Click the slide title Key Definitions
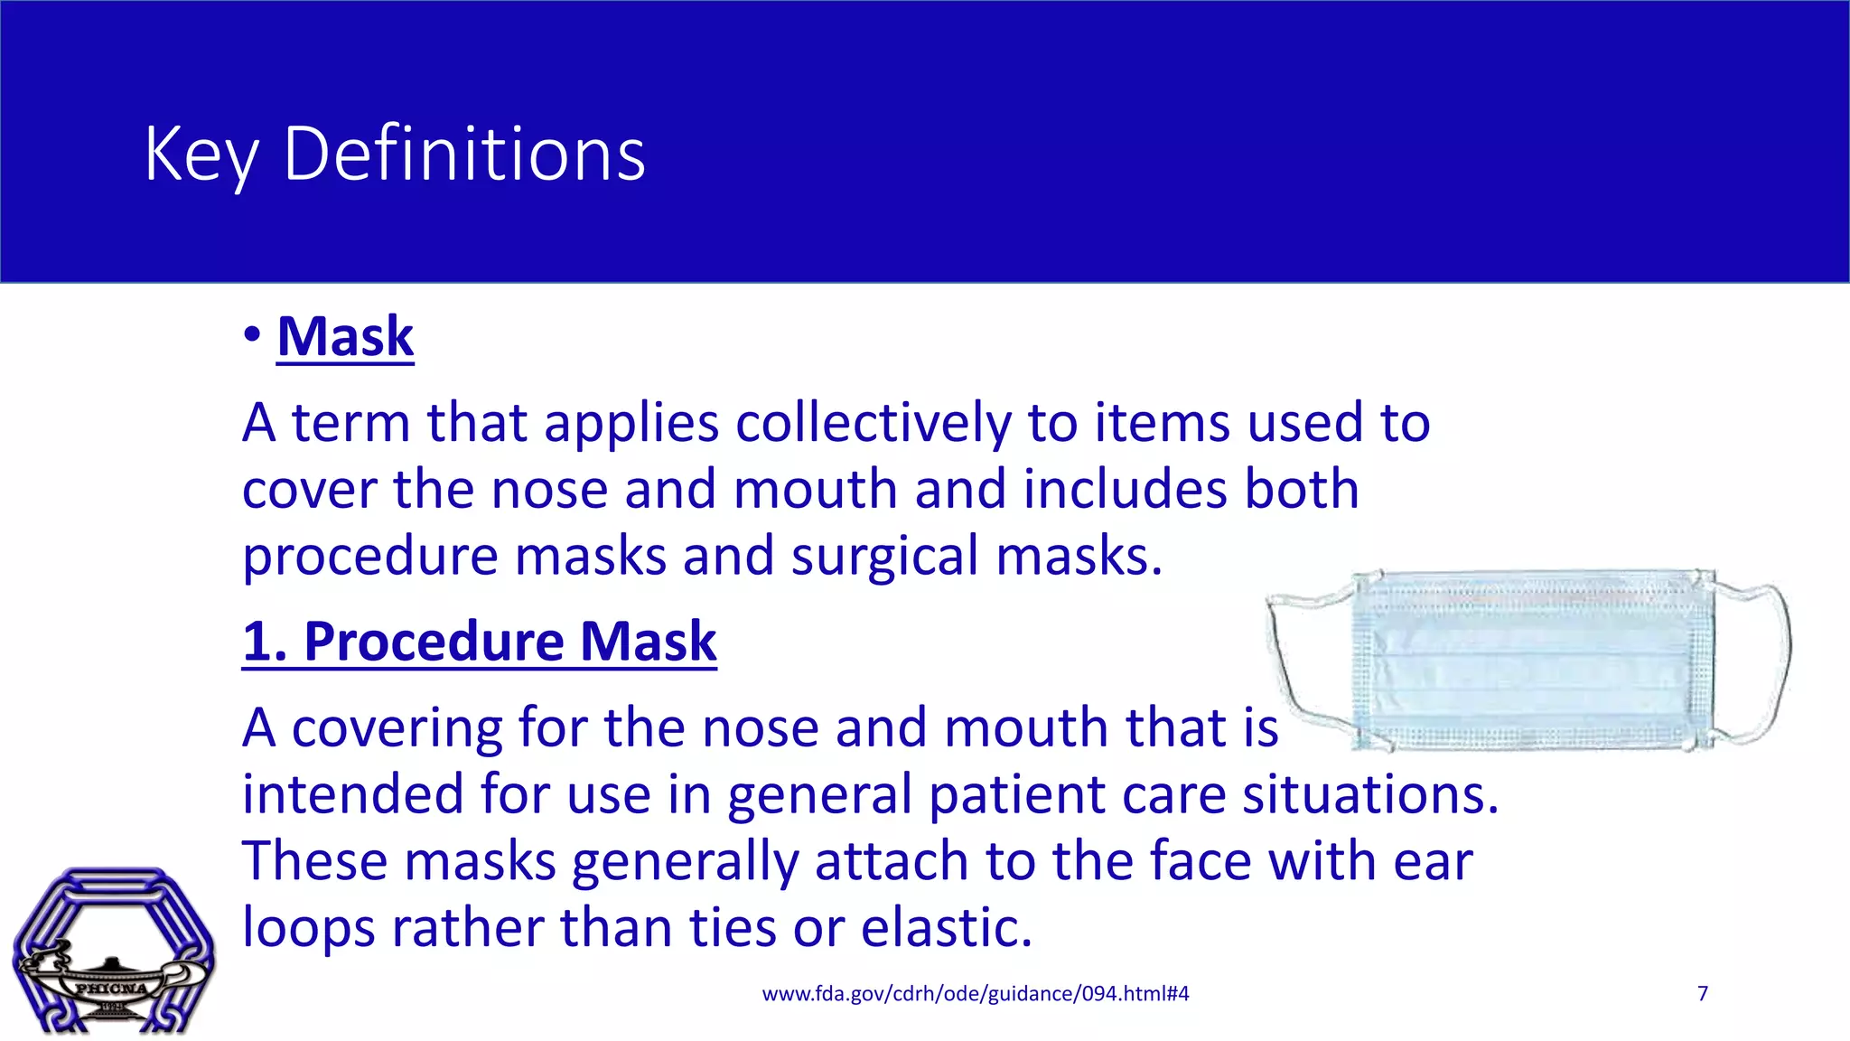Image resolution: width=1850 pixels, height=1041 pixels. tap(395, 155)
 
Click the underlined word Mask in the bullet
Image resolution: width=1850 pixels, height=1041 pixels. tap(345, 337)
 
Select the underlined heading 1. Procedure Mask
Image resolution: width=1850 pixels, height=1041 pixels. tap(480, 642)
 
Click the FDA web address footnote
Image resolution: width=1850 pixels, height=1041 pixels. tap(976, 994)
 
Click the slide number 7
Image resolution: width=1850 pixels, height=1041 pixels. tap(1703, 994)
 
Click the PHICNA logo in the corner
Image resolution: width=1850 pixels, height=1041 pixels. tap(113, 952)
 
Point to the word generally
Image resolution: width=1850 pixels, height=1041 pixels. tap(685, 861)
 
